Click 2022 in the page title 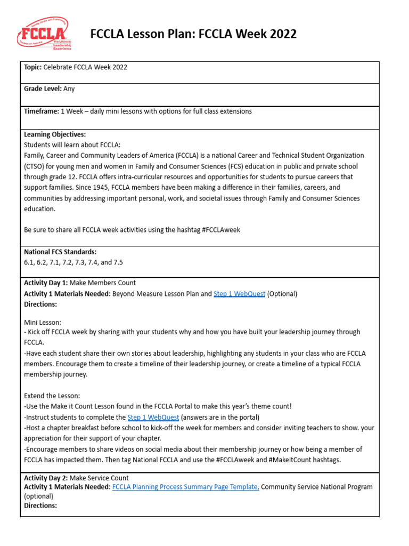tap(280, 35)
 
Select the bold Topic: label tap(32, 67)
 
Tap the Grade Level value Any tap(69, 89)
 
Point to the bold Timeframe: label tap(42, 111)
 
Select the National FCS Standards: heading tap(60, 252)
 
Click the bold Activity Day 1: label tap(46, 283)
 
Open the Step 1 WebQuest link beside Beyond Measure tap(239, 294)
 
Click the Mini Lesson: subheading tap(43, 322)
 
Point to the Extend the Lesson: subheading tap(52, 396)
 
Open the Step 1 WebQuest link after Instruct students tap(153, 417)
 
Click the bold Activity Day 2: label tap(46, 478)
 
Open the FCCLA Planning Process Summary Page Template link tap(185, 487)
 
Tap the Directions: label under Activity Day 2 tap(40, 505)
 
